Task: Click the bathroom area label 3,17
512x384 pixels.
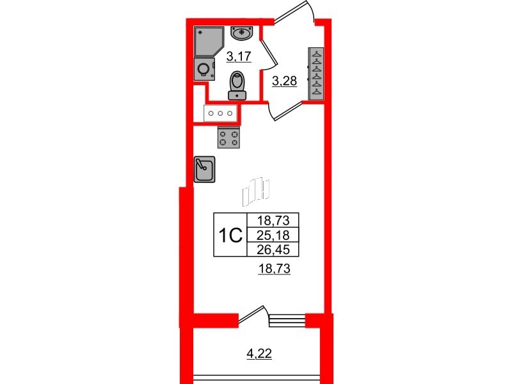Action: click(x=239, y=56)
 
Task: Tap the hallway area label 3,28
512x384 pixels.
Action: click(x=284, y=81)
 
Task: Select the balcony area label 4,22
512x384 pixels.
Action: click(x=259, y=353)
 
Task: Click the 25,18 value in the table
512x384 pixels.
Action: click(x=273, y=235)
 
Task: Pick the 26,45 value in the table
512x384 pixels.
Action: click(x=273, y=250)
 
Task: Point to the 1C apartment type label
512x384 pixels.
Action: click(x=230, y=235)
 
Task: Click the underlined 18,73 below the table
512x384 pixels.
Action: click(x=274, y=269)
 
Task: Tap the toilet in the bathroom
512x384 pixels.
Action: click(x=237, y=85)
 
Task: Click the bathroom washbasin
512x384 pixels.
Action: click(x=241, y=33)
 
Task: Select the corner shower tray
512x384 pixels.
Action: click(x=209, y=42)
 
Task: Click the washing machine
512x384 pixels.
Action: click(x=204, y=69)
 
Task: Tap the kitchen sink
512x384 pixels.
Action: click(x=204, y=169)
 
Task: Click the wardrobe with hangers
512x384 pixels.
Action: click(x=316, y=74)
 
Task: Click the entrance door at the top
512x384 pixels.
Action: click(x=294, y=12)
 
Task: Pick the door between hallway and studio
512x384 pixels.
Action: click(x=284, y=111)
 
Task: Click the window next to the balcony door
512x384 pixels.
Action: click(x=287, y=321)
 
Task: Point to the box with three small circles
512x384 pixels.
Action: click(x=220, y=113)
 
